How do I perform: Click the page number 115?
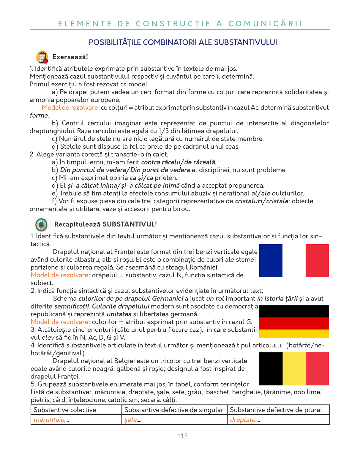tap(182, 436)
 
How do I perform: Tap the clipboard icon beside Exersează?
tap(42, 57)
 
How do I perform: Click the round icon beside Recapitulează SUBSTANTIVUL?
tap(41, 224)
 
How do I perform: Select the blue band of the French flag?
tap(271, 261)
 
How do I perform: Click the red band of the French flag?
tap(317, 261)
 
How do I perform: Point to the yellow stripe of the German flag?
tap(294, 334)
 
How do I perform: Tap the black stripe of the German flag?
tap(294, 311)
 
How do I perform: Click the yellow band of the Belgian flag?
tap(294, 369)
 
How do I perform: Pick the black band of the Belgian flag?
tap(271, 369)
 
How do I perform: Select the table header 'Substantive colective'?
tap(65, 410)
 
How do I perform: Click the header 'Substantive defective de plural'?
tap(276, 410)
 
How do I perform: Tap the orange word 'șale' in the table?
tap(131, 420)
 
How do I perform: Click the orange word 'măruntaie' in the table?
tap(49, 420)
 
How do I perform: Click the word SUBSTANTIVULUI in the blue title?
tap(245, 42)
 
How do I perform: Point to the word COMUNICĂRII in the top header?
tap(265, 24)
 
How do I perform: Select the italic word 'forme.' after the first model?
tap(39, 115)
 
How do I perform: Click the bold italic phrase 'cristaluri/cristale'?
tap(261, 201)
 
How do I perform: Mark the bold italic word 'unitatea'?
tap(119, 314)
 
